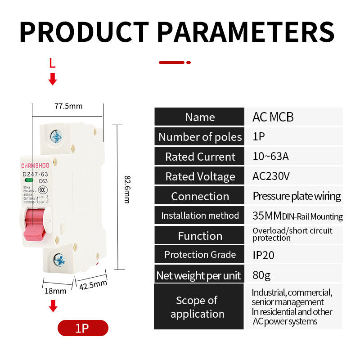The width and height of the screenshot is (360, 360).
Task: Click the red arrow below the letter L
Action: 53,79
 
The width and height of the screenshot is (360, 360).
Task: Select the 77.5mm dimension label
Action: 68,106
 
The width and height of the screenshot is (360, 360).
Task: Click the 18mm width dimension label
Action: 55,291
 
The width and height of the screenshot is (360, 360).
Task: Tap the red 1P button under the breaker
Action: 83,328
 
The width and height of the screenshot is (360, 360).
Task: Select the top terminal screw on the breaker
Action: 56,135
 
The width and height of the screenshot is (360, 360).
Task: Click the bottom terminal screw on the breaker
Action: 59,259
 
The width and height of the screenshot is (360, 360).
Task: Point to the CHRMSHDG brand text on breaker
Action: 35,165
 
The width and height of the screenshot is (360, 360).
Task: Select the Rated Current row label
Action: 200,157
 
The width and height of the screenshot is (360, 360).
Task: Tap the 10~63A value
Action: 270,157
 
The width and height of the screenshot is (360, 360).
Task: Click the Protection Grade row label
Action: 200,255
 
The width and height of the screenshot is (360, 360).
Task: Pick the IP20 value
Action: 263,255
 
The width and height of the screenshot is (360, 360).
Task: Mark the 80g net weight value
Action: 261,274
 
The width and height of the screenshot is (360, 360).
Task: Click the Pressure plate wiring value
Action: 297,196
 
